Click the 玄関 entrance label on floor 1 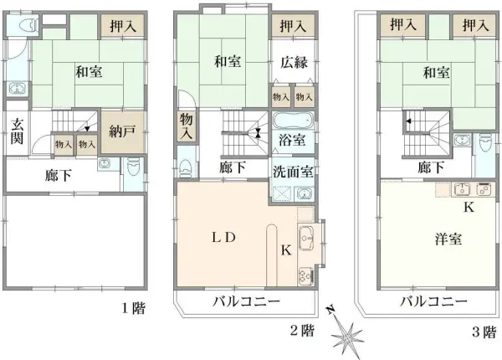[x=16, y=131]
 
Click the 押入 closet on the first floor [x=123, y=27]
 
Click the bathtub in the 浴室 [x=291, y=120]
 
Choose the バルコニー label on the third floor [x=432, y=301]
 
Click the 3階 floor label [x=482, y=331]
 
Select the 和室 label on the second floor [x=227, y=60]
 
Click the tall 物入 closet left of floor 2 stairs [x=186, y=127]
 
